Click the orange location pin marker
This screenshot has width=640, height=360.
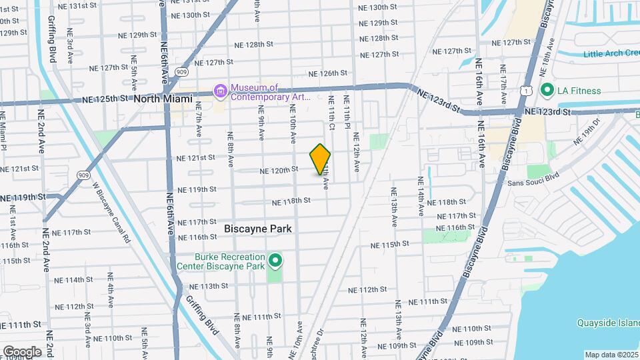[x=320, y=159]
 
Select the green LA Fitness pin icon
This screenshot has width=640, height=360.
[x=547, y=89]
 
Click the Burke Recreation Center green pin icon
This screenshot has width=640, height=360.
[x=275, y=260]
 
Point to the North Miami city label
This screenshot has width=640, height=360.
[x=163, y=99]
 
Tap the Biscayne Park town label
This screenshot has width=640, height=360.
[x=258, y=228]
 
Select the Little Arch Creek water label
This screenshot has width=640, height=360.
[x=611, y=54]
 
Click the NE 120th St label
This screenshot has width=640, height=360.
[x=278, y=169]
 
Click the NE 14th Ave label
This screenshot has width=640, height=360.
[x=421, y=196]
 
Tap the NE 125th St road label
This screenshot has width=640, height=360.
[x=105, y=99]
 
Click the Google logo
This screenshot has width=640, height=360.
[x=22, y=352]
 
